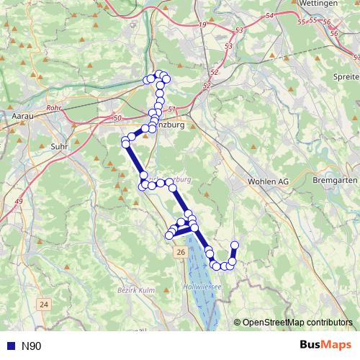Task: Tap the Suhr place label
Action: [x=60, y=145]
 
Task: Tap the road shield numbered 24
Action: [x=45, y=305]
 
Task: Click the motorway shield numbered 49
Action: [x=19, y=201]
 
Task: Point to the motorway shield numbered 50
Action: [x=118, y=117]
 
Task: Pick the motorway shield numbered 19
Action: [x=201, y=25]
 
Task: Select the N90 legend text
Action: [x=32, y=346]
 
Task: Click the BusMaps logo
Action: [x=326, y=346]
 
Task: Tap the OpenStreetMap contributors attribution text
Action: [x=297, y=322]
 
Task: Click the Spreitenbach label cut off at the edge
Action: [x=348, y=76]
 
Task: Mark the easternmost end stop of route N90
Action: [x=234, y=246]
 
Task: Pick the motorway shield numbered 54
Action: [x=269, y=16]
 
